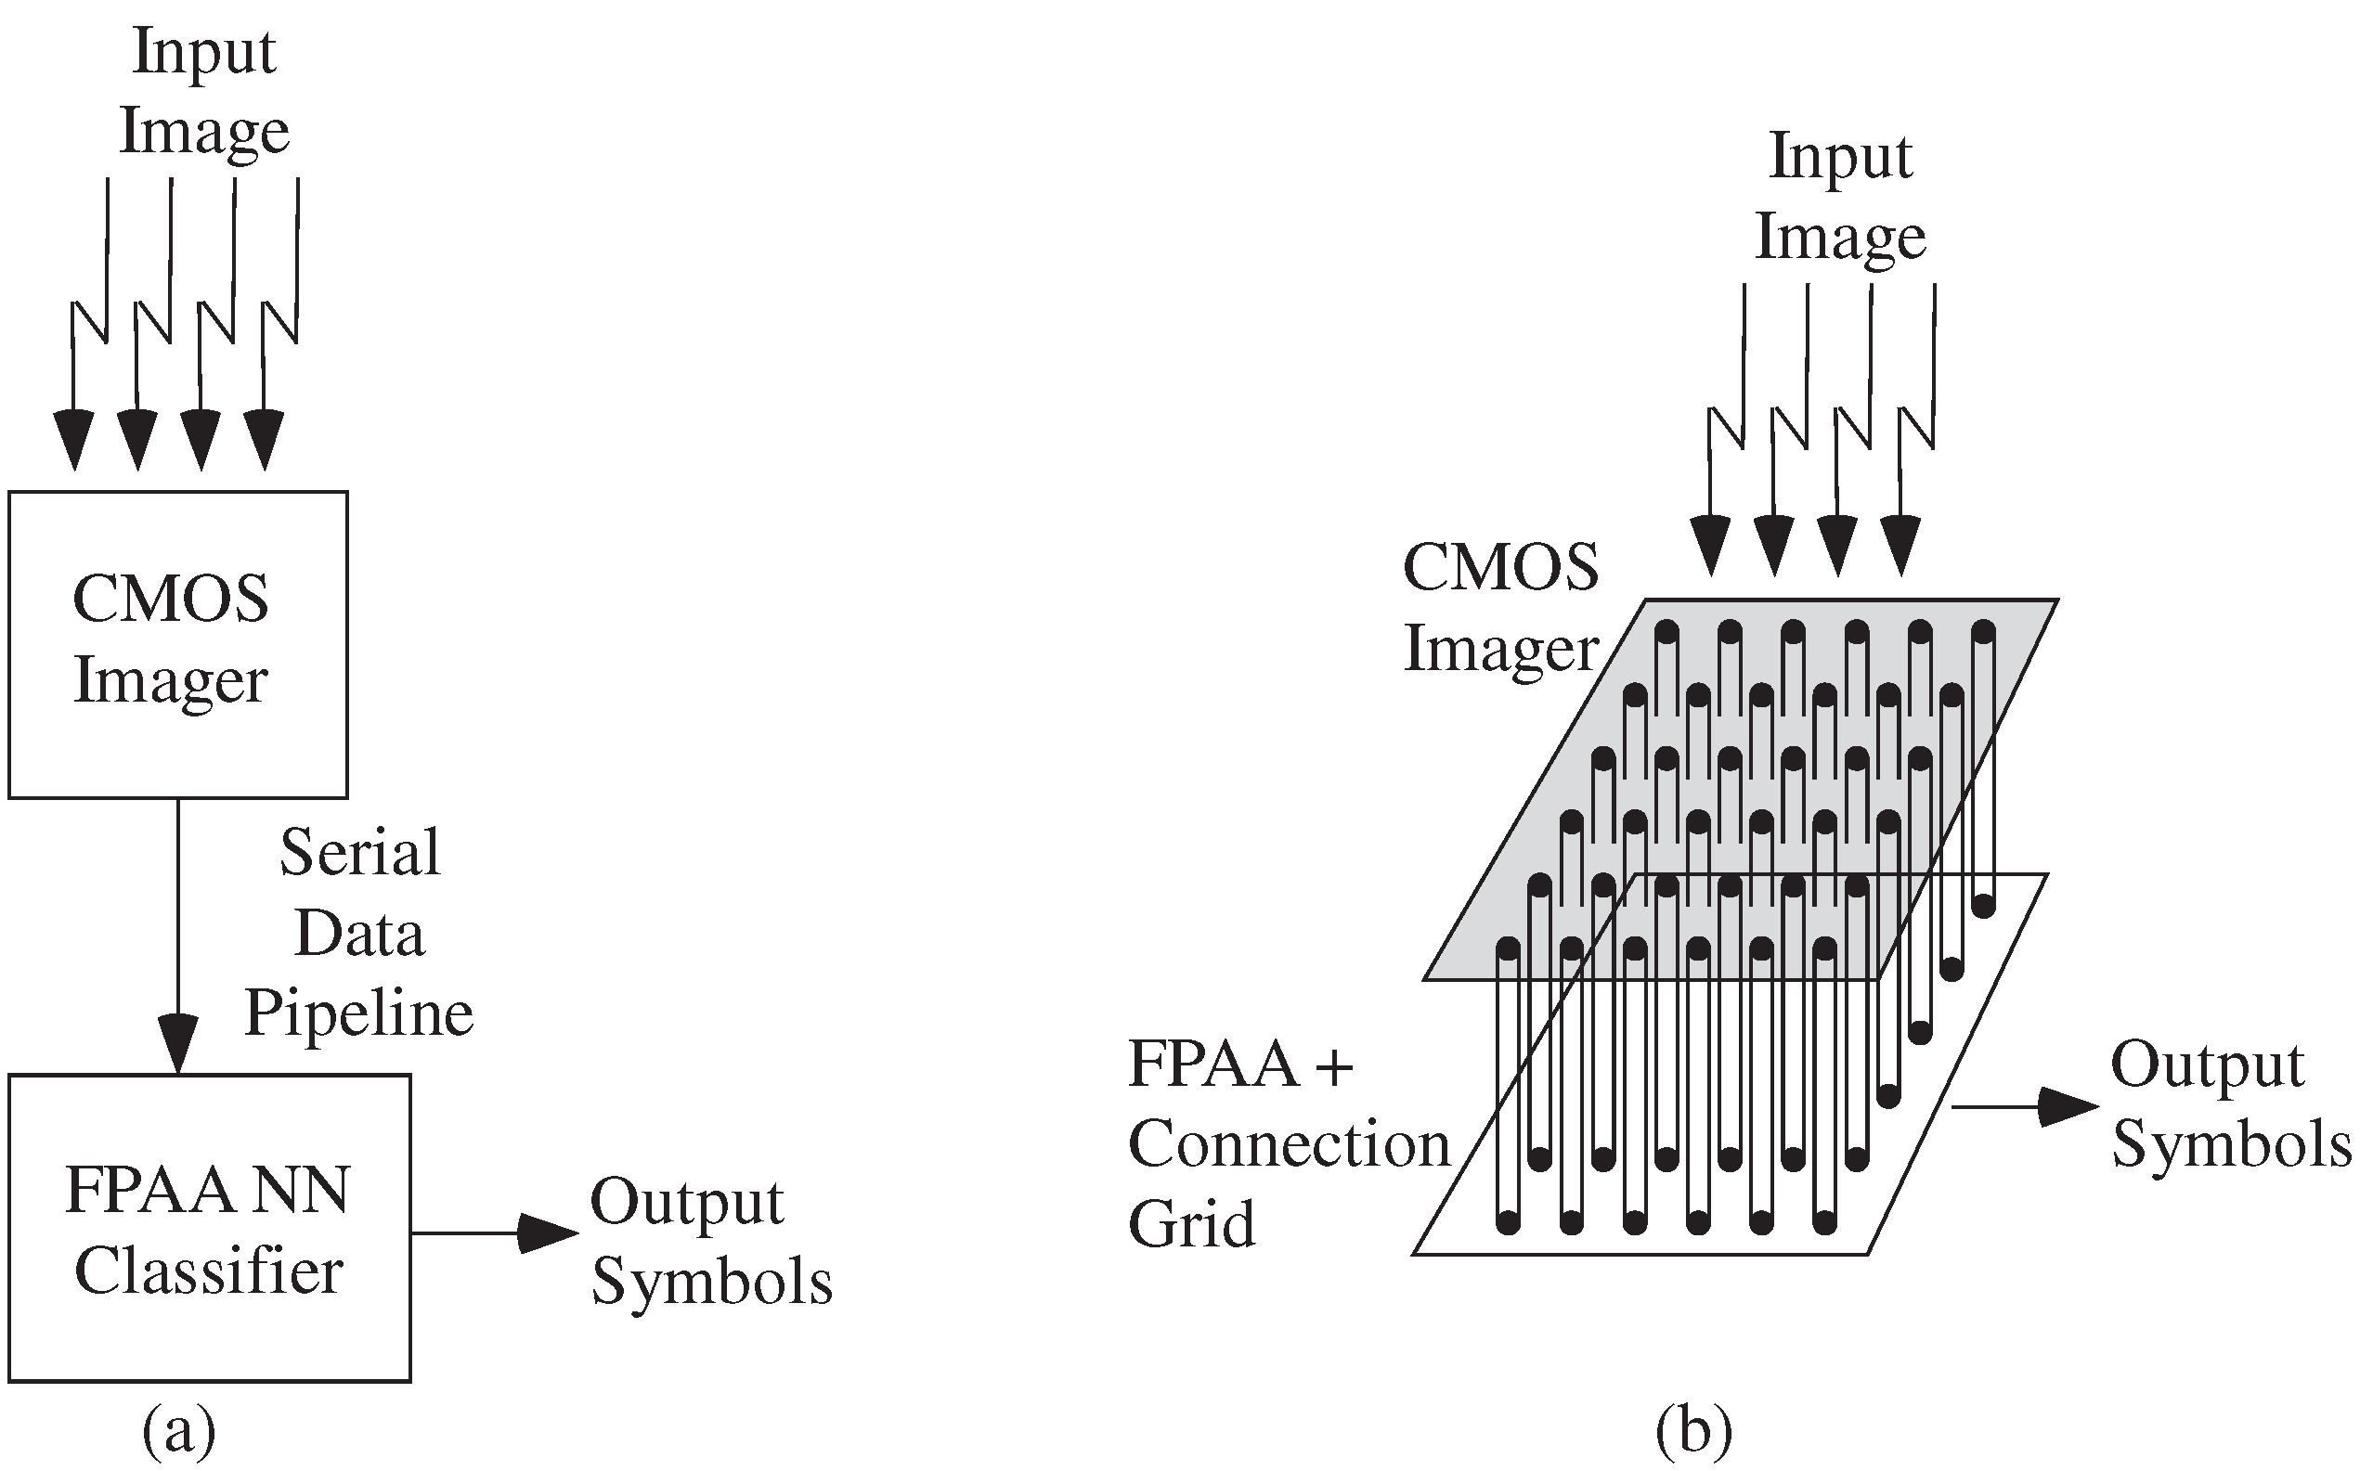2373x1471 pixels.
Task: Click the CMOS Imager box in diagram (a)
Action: [177, 644]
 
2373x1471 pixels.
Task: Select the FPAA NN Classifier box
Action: [208, 1228]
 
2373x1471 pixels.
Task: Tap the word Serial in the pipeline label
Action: [359, 853]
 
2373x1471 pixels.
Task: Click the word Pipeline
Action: [358, 1013]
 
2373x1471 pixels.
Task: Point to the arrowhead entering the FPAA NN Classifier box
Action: [178, 1046]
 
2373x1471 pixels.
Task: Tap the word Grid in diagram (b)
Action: [1191, 1224]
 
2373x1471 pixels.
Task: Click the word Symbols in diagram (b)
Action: [2231, 1145]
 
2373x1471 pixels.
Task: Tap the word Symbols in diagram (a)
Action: [711, 1282]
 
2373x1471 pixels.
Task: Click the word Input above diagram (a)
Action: [204, 51]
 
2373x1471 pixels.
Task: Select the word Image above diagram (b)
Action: [1839, 237]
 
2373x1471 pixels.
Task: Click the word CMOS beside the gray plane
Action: [1500, 567]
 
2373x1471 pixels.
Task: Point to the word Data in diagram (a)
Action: [359, 934]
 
